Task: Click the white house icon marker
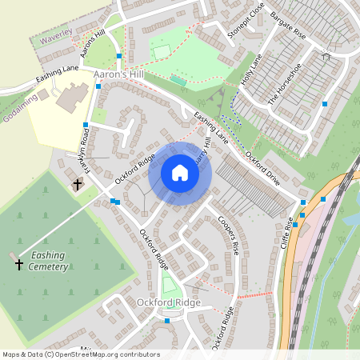click(x=180, y=173)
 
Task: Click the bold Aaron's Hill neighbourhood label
click(x=118, y=74)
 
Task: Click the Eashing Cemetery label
click(x=45, y=261)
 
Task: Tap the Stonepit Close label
click(x=246, y=20)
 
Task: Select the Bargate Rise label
click(x=288, y=26)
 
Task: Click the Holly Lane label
click(x=251, y=71)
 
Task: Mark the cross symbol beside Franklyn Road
click(x=78, y=185)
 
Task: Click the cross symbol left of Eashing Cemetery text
click(x=18, y=262)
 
